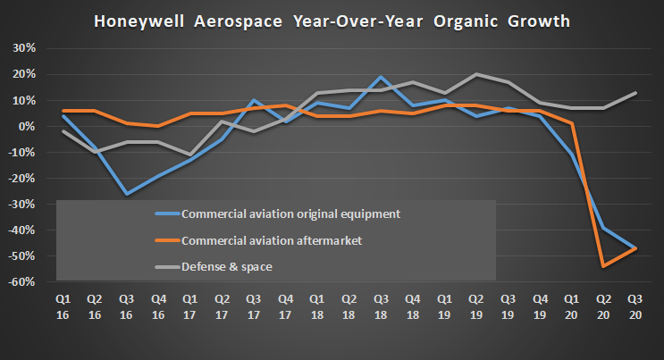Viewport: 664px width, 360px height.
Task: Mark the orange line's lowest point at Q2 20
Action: (x=602, y=265)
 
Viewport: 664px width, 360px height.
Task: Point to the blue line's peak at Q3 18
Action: (x=380, y=78)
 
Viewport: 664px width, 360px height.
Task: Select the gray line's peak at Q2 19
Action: (x=475, y=74)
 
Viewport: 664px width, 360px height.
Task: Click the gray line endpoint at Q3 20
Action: (x=635, y=93)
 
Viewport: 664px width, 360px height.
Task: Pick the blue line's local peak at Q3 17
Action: (x=253, y=100)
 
